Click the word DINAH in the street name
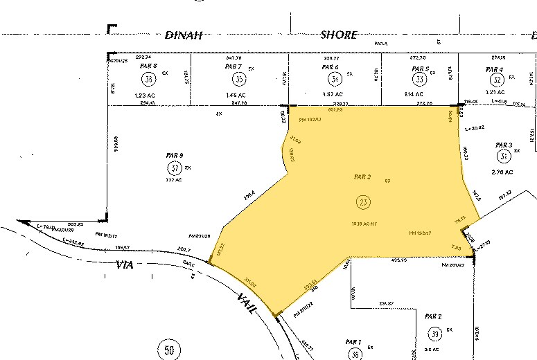click(x=183, y=35)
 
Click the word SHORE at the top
click(x=338, y=35)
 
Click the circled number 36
click(x=148, y=78)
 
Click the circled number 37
click(x=175, y=168)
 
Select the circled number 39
click(x=435, y=334)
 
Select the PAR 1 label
click(x=353, y=342)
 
